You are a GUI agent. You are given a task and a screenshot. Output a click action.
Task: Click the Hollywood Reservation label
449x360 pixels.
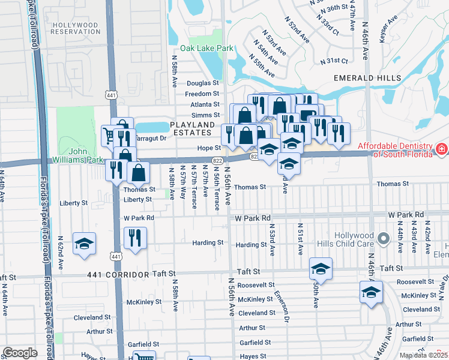pos(74,28)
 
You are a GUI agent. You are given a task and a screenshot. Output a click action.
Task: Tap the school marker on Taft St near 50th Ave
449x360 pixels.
pos(321,269)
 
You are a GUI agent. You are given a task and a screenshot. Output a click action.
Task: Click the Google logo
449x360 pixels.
pos(20,353)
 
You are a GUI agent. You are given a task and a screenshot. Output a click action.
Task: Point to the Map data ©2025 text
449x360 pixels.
pos(423,355)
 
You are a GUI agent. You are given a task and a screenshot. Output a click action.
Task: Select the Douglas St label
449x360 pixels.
pos(203,83)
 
